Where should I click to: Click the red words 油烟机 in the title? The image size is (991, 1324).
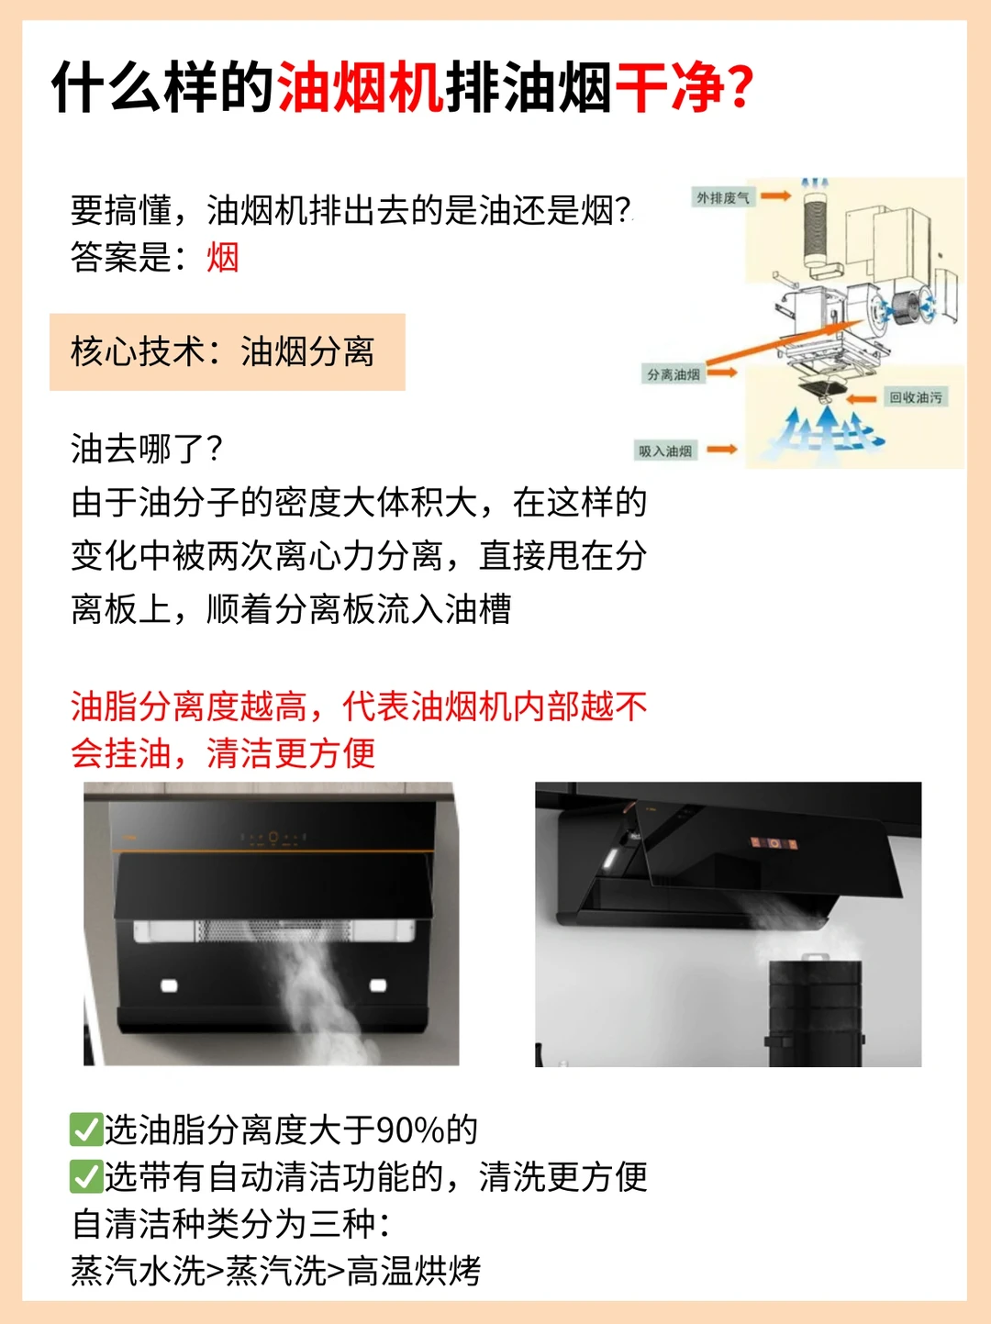[361, 87]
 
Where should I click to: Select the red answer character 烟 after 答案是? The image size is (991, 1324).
[223, 257]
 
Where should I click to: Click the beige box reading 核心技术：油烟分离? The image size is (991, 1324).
[228, 351]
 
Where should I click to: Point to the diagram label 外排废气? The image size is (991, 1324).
[722, 197]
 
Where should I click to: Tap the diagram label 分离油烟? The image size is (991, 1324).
[674, 374]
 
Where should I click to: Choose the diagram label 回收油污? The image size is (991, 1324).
[916, 397]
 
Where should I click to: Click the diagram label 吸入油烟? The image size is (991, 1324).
[665, 451]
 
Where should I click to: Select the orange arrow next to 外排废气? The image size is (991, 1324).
[775, 195]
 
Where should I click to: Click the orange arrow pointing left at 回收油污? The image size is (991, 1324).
[862, 399]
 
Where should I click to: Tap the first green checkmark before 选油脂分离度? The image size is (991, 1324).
[86, 1129]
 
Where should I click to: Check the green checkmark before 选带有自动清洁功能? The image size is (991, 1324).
[86, 1176]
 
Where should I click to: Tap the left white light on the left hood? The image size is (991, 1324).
[169, 985]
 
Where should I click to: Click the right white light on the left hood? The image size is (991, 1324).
[378, 985]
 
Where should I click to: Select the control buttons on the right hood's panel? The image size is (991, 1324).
[774, 843]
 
